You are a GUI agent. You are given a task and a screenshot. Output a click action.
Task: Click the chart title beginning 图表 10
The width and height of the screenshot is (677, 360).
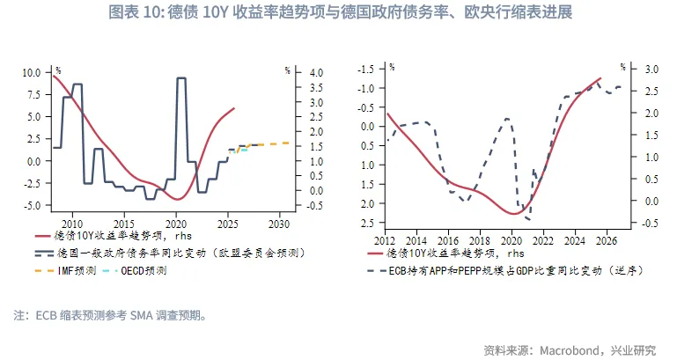tap(338, 13)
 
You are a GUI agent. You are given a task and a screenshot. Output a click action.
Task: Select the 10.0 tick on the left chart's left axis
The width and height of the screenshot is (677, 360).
tap(30, 72)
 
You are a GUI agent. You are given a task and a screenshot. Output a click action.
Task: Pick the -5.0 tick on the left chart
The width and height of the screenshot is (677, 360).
tap(30, 205)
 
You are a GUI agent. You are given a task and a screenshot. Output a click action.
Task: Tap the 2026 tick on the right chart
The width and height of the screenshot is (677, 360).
tap(607, 240)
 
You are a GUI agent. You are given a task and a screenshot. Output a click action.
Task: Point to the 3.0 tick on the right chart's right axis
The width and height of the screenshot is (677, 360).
tap(651, 69)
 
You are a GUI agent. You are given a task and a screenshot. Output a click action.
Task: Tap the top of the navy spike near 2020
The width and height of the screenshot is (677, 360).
tap(181, 78)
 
